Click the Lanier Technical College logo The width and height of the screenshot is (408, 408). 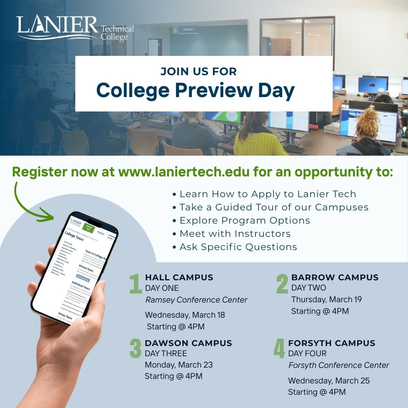coord(75,28)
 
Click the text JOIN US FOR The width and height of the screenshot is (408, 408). coord(198,71)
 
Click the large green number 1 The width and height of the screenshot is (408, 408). coord(135,284)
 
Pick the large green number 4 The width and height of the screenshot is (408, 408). coord(279,349)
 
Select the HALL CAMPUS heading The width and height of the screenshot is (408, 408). coord(179,278)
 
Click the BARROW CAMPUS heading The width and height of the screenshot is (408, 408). coord(335,278)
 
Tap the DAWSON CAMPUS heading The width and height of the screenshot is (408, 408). coord(188,343)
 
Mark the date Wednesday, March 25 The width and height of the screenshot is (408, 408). coord(329,381)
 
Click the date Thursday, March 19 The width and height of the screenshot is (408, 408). coord(326,300)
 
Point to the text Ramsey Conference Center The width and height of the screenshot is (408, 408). coord(196,300)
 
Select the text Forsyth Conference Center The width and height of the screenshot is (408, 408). coord(338,365)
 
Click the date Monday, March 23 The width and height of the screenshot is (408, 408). coord(179,365)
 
